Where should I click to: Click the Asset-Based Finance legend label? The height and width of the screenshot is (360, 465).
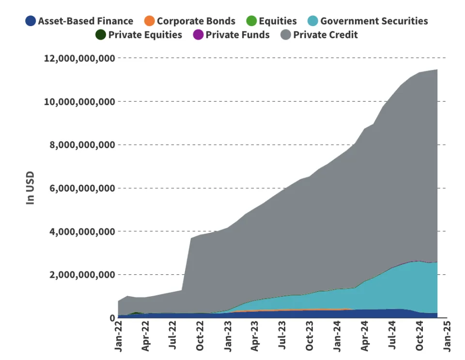tap(85, 21)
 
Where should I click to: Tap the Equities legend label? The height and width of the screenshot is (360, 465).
tap(278, 21)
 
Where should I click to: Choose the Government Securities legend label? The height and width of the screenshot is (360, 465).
tap(374, 21)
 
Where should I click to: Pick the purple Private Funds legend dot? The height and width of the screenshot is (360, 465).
tap(198, 35)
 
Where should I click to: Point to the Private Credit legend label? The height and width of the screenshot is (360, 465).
tap(325, 35)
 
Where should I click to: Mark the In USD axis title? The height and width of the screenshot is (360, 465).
tap(31, 188)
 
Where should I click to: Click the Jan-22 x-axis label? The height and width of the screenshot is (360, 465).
tap(119, 334)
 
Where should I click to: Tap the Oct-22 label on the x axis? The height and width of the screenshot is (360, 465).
tap(201, 334)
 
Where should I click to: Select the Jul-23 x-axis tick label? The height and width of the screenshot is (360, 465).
tap(283, 334)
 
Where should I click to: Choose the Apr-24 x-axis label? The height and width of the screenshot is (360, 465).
tap(365, 334)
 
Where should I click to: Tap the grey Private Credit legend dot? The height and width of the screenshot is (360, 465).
tap(286, 35)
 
